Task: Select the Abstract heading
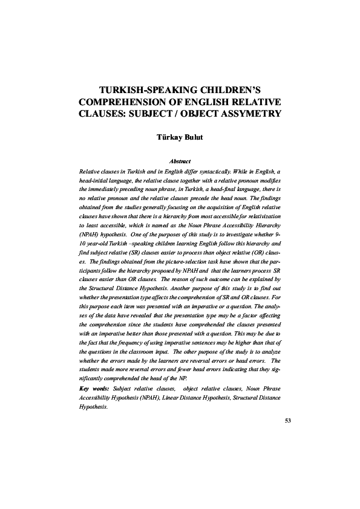click(180, 161)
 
